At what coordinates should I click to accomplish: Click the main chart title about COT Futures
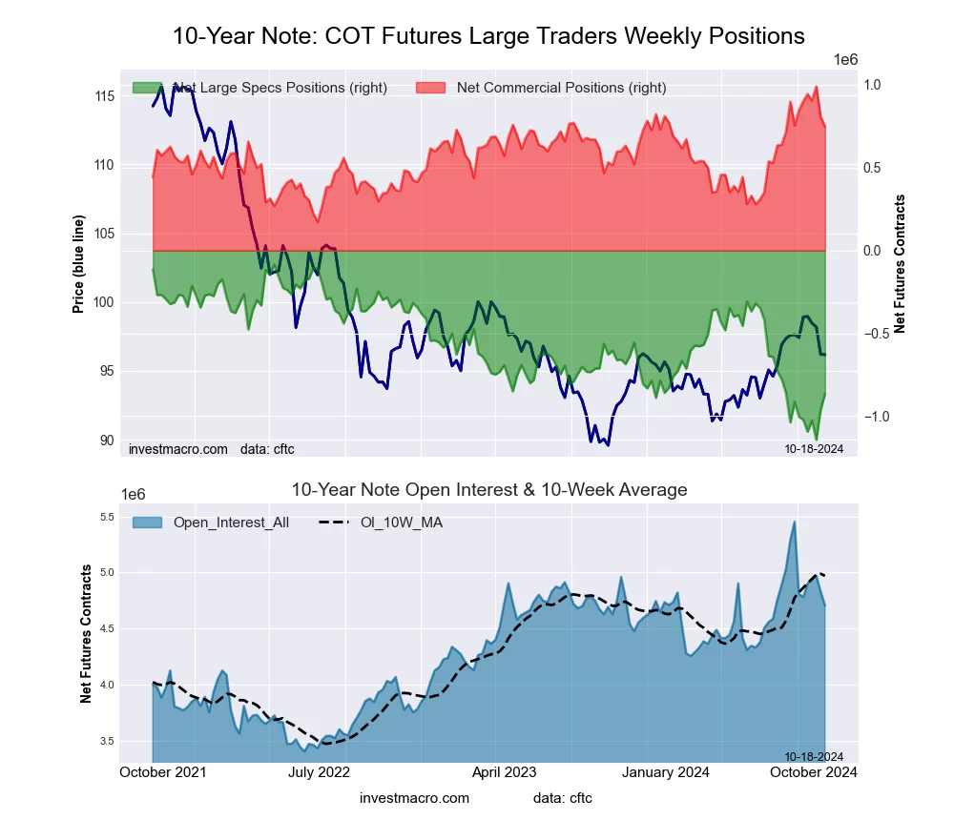click(488, 36)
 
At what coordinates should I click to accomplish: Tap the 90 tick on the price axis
click(107, 440)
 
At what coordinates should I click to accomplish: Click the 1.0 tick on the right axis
click(871, 85)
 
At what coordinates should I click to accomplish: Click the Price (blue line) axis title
click(79, 264)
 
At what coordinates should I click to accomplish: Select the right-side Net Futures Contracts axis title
click(900, 264)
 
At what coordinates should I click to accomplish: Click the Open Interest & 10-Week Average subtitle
click(488, 490)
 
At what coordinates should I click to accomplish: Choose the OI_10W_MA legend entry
click(401, 523)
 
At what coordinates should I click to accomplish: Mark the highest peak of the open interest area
click(794, 522)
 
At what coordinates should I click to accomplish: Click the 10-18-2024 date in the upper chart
click(807, 448)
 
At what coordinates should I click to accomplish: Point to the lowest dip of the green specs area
click(817, 440)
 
